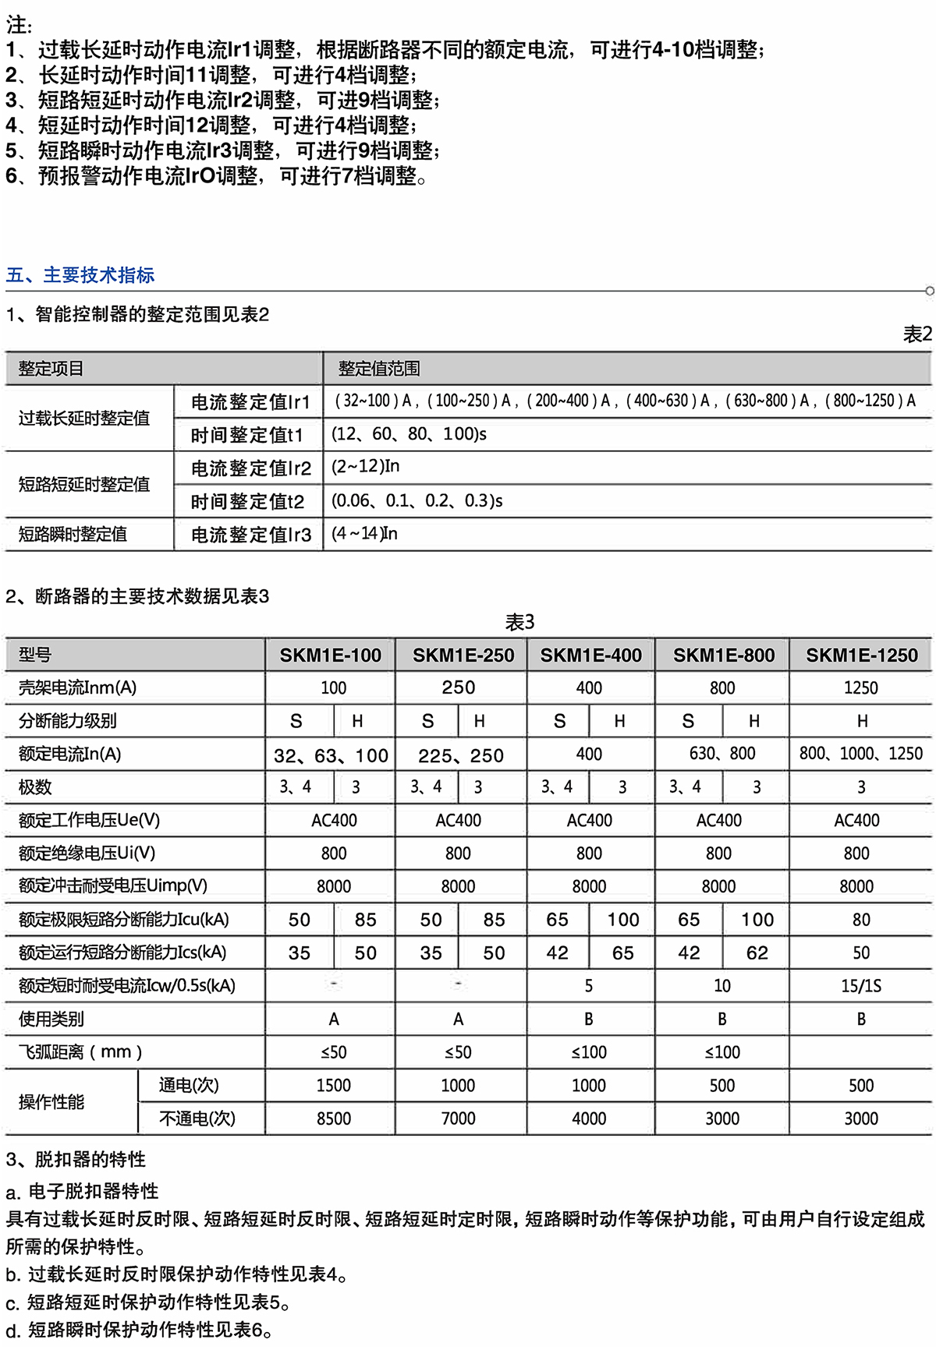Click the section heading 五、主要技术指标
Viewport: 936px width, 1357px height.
coord(80,275)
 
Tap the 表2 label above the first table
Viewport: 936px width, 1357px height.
coord(916,334)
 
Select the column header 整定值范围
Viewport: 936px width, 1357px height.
coord(379,369)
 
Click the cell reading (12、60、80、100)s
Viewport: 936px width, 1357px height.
coord(409,434)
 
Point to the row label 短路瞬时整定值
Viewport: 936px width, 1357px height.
coord(73,535)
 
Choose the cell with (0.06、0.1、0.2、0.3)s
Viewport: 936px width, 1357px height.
coord(417,500)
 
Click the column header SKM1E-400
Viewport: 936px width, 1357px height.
coord(590,656)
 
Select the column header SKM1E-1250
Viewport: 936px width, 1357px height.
coord(861,656)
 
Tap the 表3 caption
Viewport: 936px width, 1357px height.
coord(519,622)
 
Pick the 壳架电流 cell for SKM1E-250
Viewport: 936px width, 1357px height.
coord(458,687)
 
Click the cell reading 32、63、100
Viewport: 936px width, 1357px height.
coord(331,755)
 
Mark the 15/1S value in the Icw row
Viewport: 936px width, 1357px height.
coord(861,986)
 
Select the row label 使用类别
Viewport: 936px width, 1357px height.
coord(51,1019)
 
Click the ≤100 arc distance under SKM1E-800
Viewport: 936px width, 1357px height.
coord(721,1052)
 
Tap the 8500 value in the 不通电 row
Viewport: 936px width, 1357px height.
coord(333,1118)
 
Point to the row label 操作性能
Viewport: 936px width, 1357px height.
coord(51,1102)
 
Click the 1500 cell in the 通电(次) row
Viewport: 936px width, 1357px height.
coord(333,1085)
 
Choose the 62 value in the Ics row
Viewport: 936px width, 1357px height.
coord(757,952)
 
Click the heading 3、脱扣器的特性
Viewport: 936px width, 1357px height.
coord(76,1159)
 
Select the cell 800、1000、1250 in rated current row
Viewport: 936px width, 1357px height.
coord(860,754)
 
